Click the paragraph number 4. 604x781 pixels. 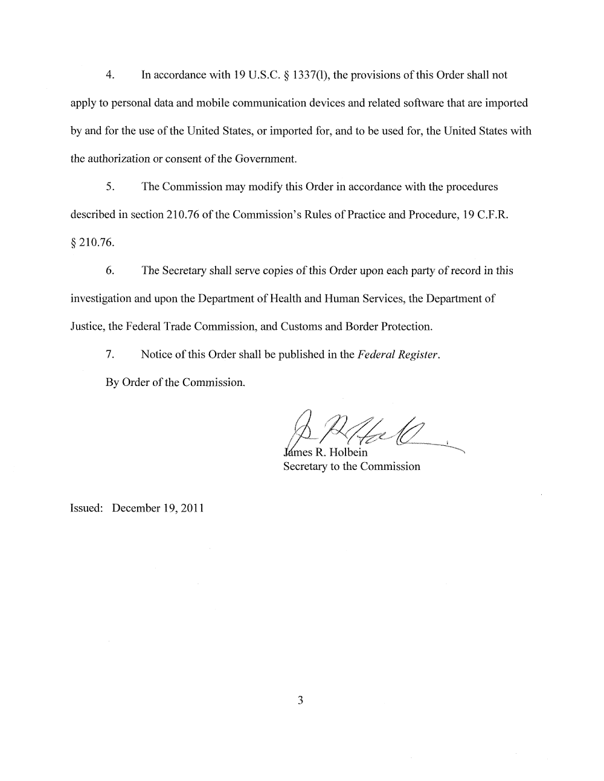[109, 75]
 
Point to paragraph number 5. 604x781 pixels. [109, 187]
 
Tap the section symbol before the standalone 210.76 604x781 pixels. [74, 243]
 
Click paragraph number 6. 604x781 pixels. [109, 271]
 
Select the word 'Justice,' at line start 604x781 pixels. [88, 327]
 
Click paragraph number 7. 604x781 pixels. [109, 355]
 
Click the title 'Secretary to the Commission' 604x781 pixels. [352, 466]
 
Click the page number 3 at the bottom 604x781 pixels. [300, 701]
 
